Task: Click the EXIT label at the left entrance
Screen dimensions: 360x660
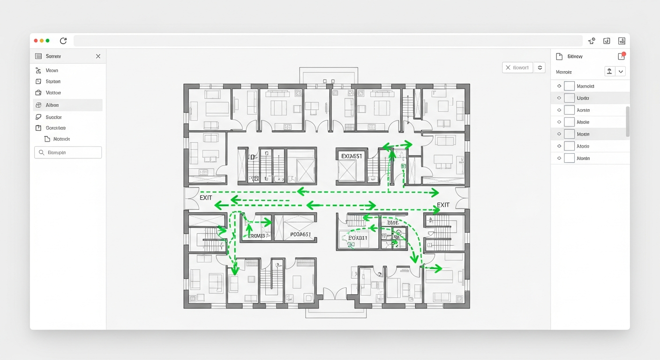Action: click(206, 198)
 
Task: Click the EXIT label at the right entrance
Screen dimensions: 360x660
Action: click(443, 205)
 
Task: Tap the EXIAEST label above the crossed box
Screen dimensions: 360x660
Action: click(352, 156)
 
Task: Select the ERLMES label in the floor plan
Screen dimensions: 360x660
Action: click(256, 236)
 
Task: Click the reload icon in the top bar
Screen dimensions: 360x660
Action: click(63, 41)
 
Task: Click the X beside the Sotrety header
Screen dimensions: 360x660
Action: click(98, 56)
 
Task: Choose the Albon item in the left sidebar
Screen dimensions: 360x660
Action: click(52, 105)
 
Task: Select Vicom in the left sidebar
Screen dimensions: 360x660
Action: click(52, 70)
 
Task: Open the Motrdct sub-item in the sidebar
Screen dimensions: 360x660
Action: click(61, 139)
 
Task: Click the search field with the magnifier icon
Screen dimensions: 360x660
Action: click(68, 152)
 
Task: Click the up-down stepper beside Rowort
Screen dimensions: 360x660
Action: click(540, 67)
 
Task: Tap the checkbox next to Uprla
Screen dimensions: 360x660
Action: click(569, 98)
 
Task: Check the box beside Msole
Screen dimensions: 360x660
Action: click(569, 122)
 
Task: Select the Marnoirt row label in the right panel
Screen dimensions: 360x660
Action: click(585, 86)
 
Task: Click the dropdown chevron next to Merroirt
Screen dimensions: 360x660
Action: click(621, 72)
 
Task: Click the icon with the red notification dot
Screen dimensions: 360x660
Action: click(622, 56)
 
